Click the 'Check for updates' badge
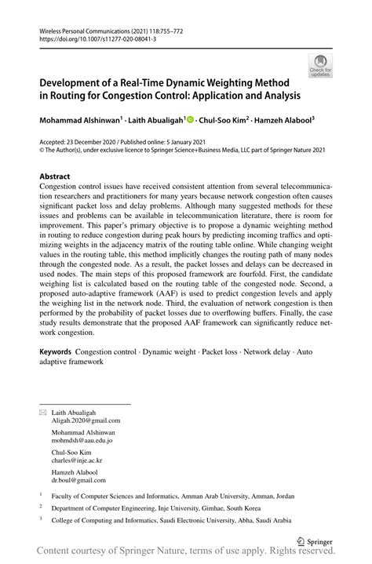point(320,66)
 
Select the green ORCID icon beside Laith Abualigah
point(191,120)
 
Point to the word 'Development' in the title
point(78,82)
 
